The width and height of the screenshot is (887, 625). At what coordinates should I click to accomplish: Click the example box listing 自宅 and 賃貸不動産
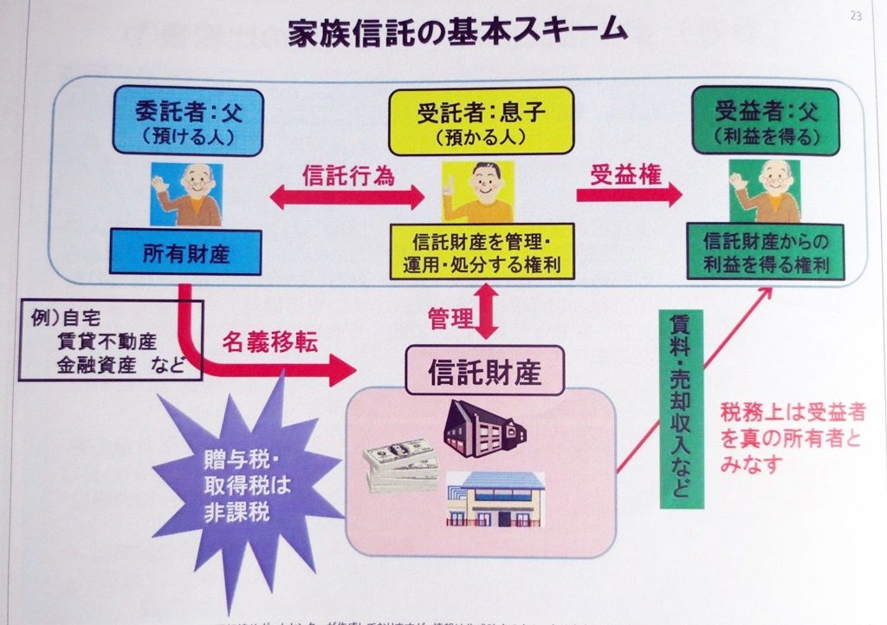coord(110,340)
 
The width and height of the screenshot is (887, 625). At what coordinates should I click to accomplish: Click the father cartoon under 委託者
coord(187,193)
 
